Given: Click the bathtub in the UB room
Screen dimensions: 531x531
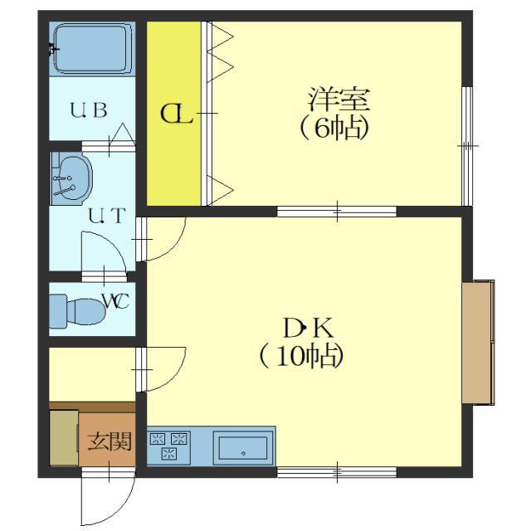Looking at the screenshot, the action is pos(92,48).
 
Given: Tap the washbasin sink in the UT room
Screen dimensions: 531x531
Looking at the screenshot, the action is pos(71,178).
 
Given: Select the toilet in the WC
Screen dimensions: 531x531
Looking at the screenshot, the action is pos(77,311).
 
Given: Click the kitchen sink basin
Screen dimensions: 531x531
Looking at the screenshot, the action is pos(243,448).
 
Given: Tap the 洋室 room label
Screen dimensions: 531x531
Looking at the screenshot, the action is pos(339,99).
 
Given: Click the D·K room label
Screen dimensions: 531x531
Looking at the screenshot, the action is pos(309,328).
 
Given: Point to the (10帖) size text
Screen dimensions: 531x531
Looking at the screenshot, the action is pos(301,356).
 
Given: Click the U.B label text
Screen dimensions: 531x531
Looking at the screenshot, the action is pos(89,110).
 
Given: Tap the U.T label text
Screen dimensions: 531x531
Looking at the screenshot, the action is pos(107,216).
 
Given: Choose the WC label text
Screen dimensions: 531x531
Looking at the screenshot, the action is pos(115,301).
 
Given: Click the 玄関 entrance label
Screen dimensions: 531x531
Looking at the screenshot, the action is pos(110,441).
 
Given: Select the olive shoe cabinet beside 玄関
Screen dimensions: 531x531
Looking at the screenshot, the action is pos(64,438).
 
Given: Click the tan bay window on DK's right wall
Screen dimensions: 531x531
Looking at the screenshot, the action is pos(478,342).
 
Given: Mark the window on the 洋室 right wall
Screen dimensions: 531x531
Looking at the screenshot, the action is pos(467,146).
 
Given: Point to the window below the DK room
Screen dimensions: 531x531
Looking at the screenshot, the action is pos(337,472).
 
